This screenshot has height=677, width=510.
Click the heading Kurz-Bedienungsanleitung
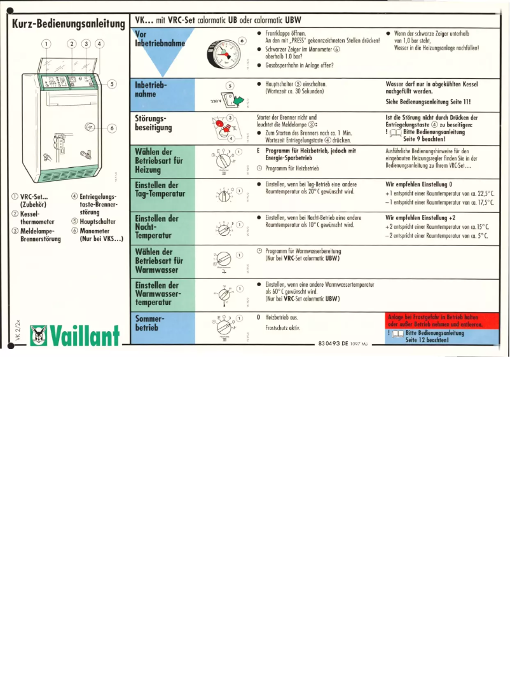67,24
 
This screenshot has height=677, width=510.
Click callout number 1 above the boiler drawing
46,44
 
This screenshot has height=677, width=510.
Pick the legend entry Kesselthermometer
32,218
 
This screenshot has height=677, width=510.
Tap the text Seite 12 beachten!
427,339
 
